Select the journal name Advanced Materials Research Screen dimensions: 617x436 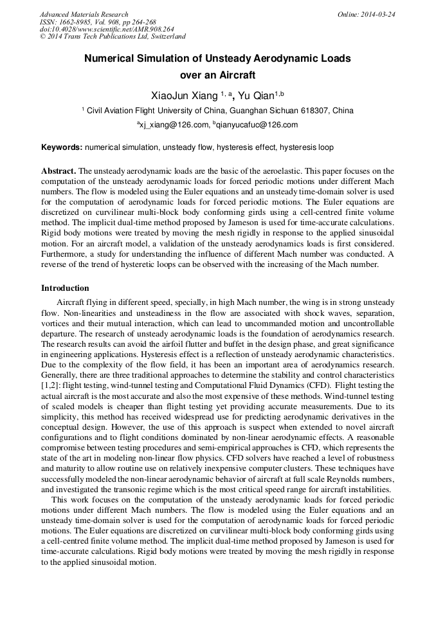(x=84, y=14)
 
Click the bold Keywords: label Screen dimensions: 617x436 (x=62, y=147)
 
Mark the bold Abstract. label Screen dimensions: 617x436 (x=59, y=171)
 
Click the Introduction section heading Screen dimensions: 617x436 (x=65, y=288)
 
